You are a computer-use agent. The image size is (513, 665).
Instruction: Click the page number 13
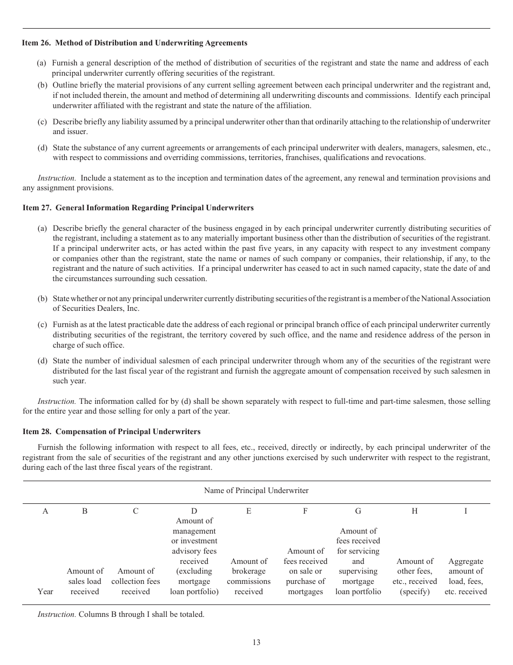pos(256,642)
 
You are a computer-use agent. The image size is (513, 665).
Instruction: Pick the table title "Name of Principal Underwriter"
pos(256,490)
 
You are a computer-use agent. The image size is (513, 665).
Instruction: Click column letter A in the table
pos(45,511)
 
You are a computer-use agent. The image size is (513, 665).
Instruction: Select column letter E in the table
pos(248,511)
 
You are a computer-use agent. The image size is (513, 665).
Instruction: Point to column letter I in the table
pos(465,511)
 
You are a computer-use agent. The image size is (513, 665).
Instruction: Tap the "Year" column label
pos(45,591)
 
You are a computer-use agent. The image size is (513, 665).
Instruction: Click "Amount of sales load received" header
pos(85,581)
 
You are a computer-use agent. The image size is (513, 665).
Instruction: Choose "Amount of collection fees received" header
pos(136,581)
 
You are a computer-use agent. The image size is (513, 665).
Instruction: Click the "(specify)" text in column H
pos(415,591)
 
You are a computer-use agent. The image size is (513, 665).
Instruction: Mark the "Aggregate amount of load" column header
pos(465,576)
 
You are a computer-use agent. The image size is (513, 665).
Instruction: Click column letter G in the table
pos(358,511)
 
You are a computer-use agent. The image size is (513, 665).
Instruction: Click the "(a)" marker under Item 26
pos(42,63)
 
